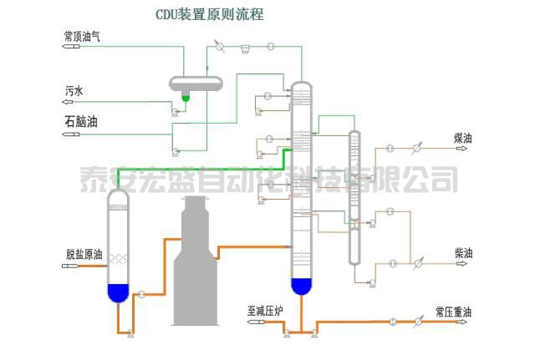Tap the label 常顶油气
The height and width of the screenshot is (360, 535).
83,36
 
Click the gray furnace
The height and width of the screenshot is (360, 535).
196,267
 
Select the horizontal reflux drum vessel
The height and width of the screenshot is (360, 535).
196,83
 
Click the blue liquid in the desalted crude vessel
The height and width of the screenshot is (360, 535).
118,293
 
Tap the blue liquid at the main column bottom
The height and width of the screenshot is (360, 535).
301,286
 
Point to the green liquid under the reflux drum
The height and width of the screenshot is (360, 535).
186,98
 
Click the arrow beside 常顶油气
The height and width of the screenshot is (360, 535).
73,48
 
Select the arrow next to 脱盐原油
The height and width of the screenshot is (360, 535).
71,266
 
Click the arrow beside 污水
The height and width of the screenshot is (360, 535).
73,101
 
